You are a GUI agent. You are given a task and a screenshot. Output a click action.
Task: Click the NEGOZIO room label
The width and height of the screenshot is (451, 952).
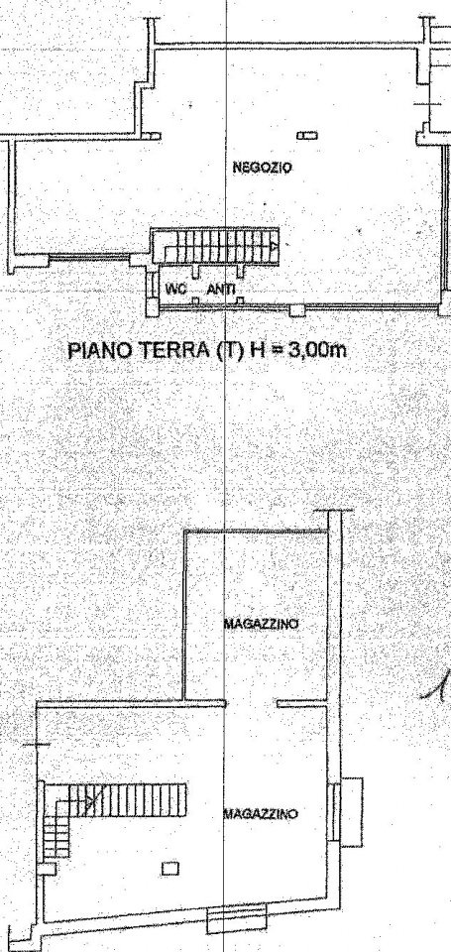262,169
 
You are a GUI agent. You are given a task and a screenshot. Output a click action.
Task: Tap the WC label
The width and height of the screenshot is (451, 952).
175,289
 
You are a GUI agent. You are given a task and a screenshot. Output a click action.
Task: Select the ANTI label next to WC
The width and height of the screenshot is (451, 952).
221,289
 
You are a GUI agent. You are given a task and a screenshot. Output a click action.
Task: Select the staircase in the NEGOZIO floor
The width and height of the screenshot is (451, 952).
214,244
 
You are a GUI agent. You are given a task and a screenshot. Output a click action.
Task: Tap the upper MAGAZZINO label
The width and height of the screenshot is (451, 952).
262,624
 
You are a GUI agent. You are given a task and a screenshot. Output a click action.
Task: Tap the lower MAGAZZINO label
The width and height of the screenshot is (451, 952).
262,813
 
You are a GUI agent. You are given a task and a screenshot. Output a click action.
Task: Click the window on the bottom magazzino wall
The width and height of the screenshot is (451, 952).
230,922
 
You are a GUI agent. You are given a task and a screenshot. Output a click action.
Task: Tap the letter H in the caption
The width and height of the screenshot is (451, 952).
262,349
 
